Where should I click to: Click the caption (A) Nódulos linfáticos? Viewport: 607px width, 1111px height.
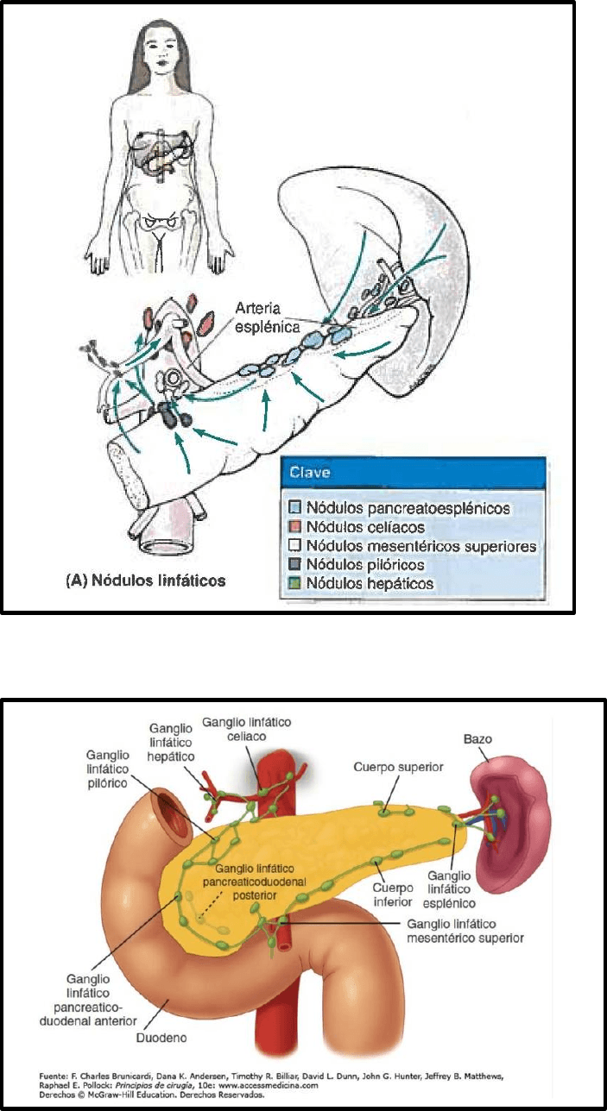pyautogui.click(x=146, y=581)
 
